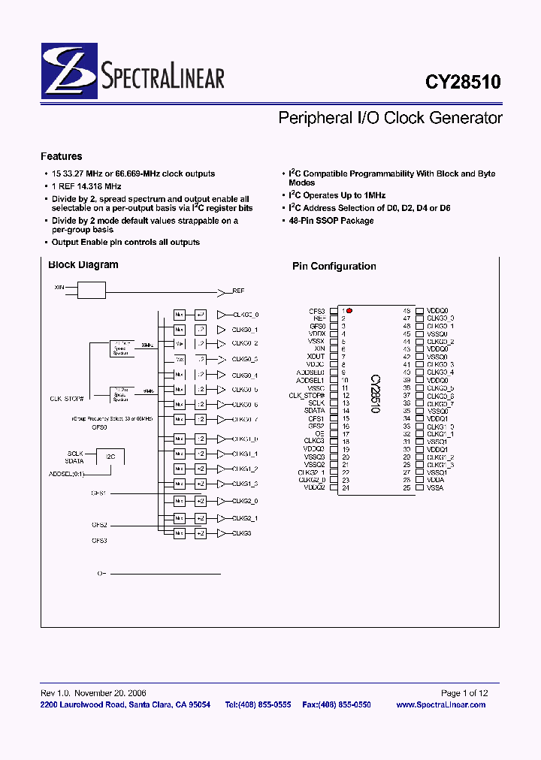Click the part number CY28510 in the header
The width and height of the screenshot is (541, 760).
(464, 80)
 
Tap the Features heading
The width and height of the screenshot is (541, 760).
(62, 156)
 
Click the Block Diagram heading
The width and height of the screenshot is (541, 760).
(83, 264)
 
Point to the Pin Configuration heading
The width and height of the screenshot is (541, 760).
(334, 266)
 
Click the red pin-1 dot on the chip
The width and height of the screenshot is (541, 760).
(349, 310)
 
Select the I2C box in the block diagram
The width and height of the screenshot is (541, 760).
(110, 456)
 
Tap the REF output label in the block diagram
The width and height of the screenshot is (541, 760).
(238, 290)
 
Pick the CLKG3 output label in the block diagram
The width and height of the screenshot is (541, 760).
(241, 533)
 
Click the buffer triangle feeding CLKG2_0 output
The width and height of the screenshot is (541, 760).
(221, 501)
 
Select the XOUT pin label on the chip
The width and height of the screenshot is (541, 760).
(316, 357)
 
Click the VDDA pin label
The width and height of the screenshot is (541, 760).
(436, 480)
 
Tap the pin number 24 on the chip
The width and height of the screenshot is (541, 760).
(345, 488)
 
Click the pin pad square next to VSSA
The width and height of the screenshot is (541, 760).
(419, 488)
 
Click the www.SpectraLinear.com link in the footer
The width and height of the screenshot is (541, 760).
(440, 704)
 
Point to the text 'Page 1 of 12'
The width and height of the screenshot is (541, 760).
(464, 693)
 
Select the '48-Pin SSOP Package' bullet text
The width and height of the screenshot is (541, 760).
(331, 221)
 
